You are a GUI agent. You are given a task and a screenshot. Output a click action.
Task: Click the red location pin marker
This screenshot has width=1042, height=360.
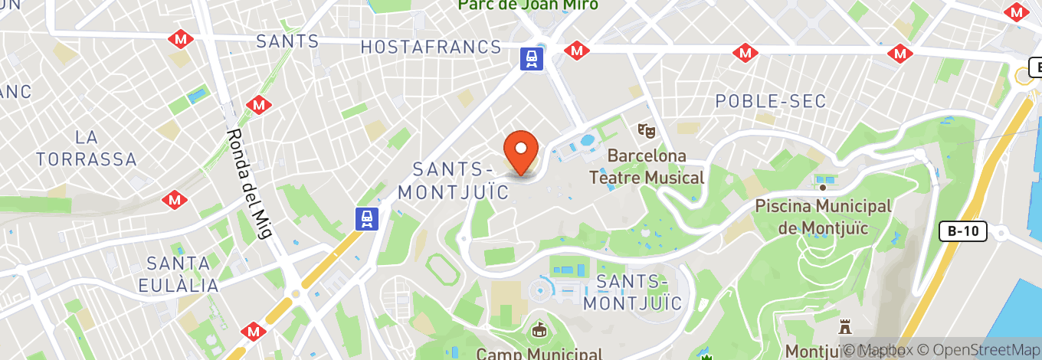click(521, 150)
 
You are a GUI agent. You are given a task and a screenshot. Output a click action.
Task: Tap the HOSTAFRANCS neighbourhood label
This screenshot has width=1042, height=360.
click(431, 47)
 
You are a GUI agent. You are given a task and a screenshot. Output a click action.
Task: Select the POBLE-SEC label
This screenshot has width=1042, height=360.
click(770, 101)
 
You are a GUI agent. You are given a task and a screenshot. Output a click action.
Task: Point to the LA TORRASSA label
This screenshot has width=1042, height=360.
click(86, 149)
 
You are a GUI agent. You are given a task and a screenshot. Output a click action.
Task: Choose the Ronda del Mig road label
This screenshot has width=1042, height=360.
click(250, 184)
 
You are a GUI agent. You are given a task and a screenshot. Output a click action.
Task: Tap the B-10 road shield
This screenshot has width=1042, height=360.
click(965, 231)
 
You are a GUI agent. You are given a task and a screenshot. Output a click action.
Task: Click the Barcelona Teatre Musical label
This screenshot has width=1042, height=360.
click(647, 167)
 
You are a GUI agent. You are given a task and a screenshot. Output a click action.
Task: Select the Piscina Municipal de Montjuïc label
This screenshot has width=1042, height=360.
click(824, 217)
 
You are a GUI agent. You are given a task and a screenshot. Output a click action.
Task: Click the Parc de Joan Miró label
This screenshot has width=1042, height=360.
click(528, 5)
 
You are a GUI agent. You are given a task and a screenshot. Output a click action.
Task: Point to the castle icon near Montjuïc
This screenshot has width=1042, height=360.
click(845, 328)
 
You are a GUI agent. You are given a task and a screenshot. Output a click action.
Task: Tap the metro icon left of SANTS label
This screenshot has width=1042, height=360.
click(182, 38)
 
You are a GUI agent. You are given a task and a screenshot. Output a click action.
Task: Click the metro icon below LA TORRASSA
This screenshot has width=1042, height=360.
click(175, 200)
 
